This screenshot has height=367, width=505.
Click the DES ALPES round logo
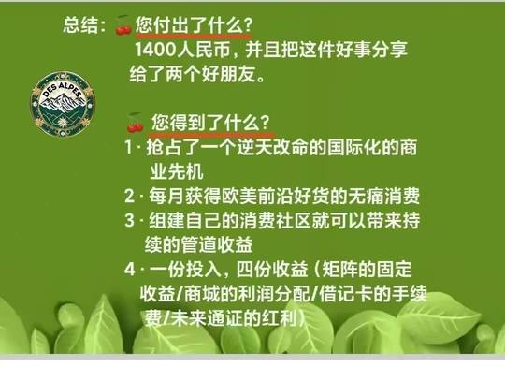coord(63,103)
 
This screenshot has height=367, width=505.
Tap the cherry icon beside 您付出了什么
coord(123,25)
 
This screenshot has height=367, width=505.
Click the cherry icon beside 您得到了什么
coord(136,123)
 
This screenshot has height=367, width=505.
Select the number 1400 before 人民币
coord(155,50)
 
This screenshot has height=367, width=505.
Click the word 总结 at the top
coord(80,24)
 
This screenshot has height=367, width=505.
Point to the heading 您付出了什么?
coord(194,24)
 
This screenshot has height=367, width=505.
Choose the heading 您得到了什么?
coord(210,123)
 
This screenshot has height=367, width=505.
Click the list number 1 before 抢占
coord(128,148)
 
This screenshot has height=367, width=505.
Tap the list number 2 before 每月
coord(129,196)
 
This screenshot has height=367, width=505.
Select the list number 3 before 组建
coord(129,220)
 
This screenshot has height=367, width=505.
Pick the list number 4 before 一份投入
coord(129,269)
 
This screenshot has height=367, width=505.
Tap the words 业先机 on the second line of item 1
coord(177,171)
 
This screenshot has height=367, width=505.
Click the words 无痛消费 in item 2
coord(383,196)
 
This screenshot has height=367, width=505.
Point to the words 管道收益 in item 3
coord(217,244)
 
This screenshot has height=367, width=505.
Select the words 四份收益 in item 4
coord(272,269)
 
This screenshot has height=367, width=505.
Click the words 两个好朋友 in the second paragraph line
coord(211,75)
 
